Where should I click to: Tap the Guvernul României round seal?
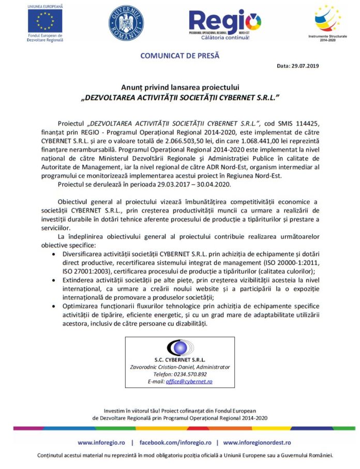pyautogui.click(x=126, y=23)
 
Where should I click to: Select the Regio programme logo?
pyautogui.click(x=224, y=24)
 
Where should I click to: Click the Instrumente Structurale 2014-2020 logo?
pyautogui.click(x=328, y=19)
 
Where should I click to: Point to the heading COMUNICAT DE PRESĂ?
pyautogui.click(x=180, y=54)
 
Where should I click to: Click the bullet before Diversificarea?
pyautogui.click(x=55, y=255)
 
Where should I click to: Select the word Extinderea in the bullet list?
pyautogui.click(x=80, y=279)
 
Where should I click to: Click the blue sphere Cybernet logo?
pyautogui.click(x=180, y=347)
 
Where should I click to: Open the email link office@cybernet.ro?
pyautogui.click(x=189, y=381)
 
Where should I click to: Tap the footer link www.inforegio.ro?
pyautogui.click(x=101, y=443)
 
